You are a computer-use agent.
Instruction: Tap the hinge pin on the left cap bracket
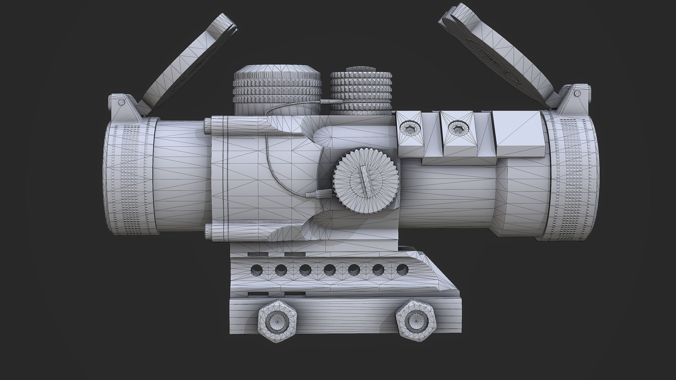pos(121,102)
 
